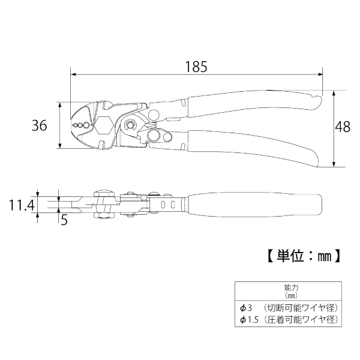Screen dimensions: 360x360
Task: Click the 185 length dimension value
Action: pyautogui.click(x=196, y=67)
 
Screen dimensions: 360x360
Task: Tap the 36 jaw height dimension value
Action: pyautogui.click(x=39, y=125)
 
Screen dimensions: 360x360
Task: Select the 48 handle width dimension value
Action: pyautogui.click(x=343, y=127)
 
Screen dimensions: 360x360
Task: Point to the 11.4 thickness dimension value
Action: pyautogui.click(x=22, y=205)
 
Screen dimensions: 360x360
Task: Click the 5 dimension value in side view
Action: pyautogui.click(x=64, y=220)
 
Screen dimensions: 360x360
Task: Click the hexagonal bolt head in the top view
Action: pyautogui.click(x=103, y=125)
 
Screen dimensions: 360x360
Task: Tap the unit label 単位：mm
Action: pyautogui.click(x=304, y=256)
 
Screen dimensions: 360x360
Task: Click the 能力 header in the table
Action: pyautogui.click(x=292, y=287)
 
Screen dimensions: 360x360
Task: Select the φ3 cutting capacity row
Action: pyautogui.click(x=289, y=308)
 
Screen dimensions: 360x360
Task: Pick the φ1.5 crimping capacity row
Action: pyautogui.click(x=289, y=319)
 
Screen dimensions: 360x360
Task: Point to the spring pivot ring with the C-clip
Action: pyautogui.click(x=130, y=125)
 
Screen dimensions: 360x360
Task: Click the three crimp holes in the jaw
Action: pyautogui.click(x=80, y=125)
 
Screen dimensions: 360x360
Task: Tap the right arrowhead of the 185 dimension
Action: pyautogui.click(x=320, y=74)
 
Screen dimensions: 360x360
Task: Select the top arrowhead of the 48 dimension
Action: pyautogui.click(x=334, y=93)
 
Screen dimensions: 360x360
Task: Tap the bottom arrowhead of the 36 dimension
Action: pyautogui.click(x=60, y=146)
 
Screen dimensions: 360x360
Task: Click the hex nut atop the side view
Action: pyautogui.click(x=104, y=193)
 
